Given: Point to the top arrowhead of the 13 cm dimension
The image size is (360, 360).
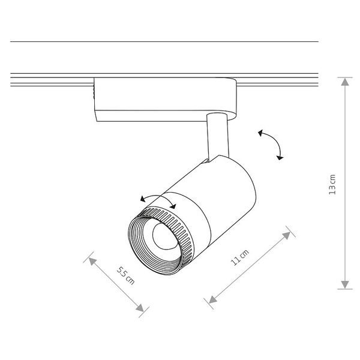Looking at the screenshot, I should pos(344,82).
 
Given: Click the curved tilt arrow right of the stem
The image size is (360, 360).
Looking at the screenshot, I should pos(272,144).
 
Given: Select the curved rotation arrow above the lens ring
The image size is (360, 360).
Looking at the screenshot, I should pos(157,199).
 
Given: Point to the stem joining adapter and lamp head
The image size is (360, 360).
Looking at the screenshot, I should pos(215,137).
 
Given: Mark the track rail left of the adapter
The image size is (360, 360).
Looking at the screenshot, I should pos(51,78).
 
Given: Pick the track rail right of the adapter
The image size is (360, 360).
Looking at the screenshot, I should pos(276,78).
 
